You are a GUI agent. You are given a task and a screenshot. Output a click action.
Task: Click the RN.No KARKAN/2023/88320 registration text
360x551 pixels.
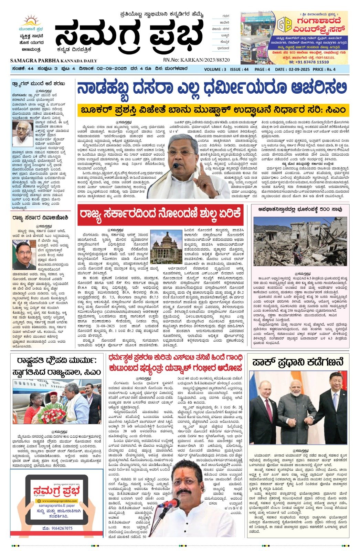pos(196,60)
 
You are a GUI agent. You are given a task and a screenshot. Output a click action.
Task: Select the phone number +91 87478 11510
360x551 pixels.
pos(309,62)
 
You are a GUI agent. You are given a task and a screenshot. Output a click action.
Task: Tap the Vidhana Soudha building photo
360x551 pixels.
pos(166,247)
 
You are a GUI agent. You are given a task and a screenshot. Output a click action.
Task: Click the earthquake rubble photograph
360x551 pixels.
pos(300,241)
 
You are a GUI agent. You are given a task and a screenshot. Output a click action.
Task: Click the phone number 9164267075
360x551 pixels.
pos(57,528)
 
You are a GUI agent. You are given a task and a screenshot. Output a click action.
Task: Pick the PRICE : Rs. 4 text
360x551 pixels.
pos(324,69)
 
